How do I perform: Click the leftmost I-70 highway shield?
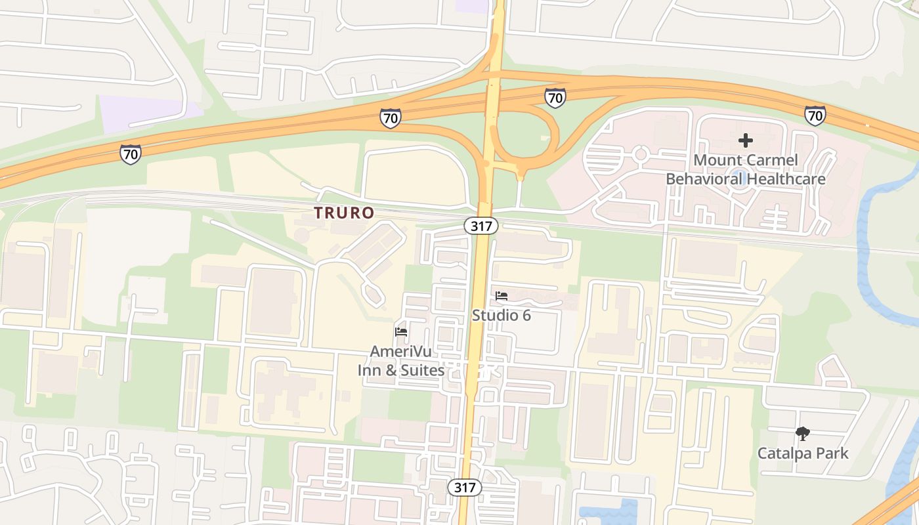130,154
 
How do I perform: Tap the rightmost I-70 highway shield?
815,116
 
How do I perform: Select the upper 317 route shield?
481,226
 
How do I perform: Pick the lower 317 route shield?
465,487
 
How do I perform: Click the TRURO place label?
344,213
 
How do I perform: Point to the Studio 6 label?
502,315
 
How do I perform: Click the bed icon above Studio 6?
502,296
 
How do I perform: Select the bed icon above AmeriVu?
401,332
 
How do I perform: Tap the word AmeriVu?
400,351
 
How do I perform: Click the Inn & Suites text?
400,370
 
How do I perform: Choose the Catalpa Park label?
803,453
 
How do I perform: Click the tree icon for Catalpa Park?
802,433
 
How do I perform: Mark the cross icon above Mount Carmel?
746,140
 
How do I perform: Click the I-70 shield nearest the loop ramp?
555,98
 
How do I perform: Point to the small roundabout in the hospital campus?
641,155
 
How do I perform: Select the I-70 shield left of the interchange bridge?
390,118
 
